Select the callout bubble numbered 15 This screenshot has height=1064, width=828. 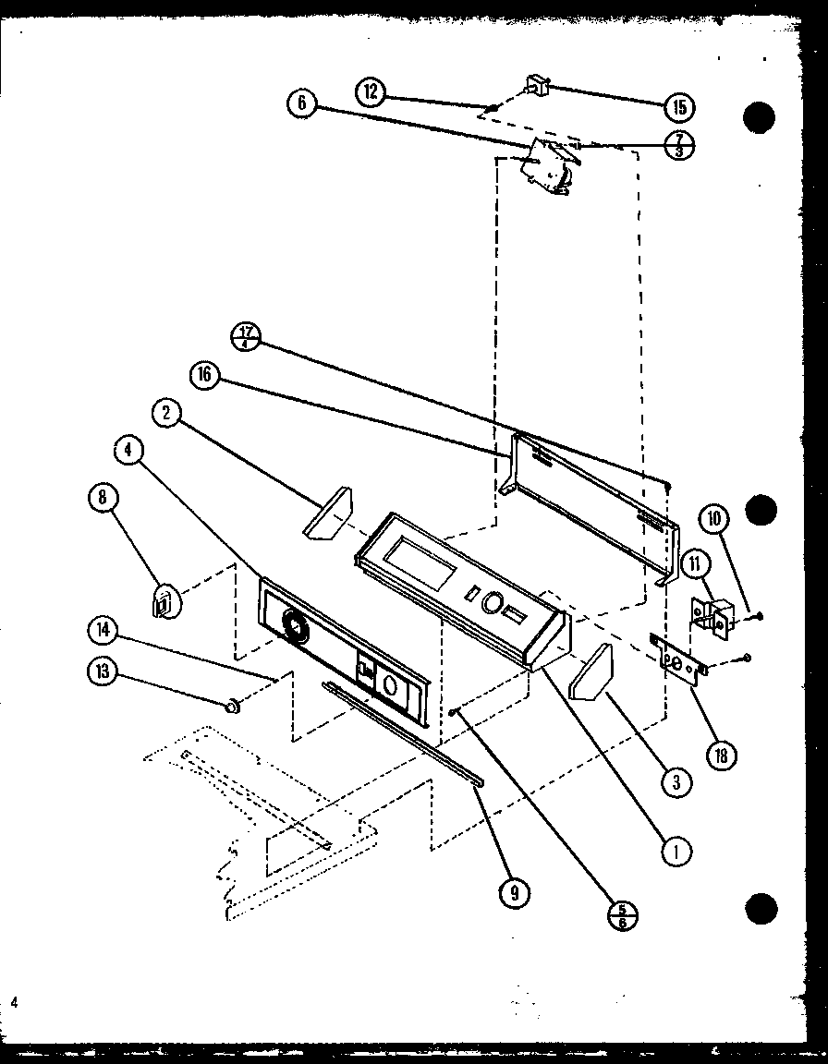pyautogui.click(x=678, y=107)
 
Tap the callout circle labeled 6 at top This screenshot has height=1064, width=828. pyautogui.click(x=301, y=103)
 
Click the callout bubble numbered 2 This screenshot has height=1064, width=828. pyautogui.click(x=167, y=414)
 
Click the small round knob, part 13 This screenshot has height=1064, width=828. pyautogui.click(x=232, y=707)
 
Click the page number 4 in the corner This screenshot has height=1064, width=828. pyautogui.click(x=16, y=1001)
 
